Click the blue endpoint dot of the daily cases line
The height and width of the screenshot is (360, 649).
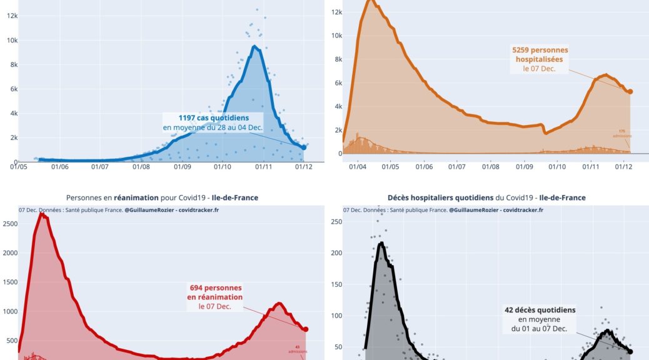[x=304, y=147]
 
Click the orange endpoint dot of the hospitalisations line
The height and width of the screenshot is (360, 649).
[x=630, y=91]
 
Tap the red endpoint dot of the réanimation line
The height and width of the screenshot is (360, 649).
[x=306, y=329]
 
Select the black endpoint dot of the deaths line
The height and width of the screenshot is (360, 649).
[x=630, y=352]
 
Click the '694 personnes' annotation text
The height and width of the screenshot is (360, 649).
[x=214, y=287]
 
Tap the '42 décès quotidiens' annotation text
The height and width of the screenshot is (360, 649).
[x=540, y=309]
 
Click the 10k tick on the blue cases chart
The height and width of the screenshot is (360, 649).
[x=12, y=40]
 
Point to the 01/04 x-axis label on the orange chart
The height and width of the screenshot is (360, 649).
[x=357, y=166]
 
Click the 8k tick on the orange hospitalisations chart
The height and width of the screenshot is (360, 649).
[x=336, y=59]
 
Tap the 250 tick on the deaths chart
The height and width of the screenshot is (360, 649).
[x=336, y=222]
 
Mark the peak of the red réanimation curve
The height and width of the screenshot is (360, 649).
[x=41, y=214]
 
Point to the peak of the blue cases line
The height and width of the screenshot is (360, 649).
[x=255, y=46]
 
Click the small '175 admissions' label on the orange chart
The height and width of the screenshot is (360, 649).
[x=621, y=134]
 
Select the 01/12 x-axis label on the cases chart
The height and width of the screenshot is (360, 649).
[x=304, y=166]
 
